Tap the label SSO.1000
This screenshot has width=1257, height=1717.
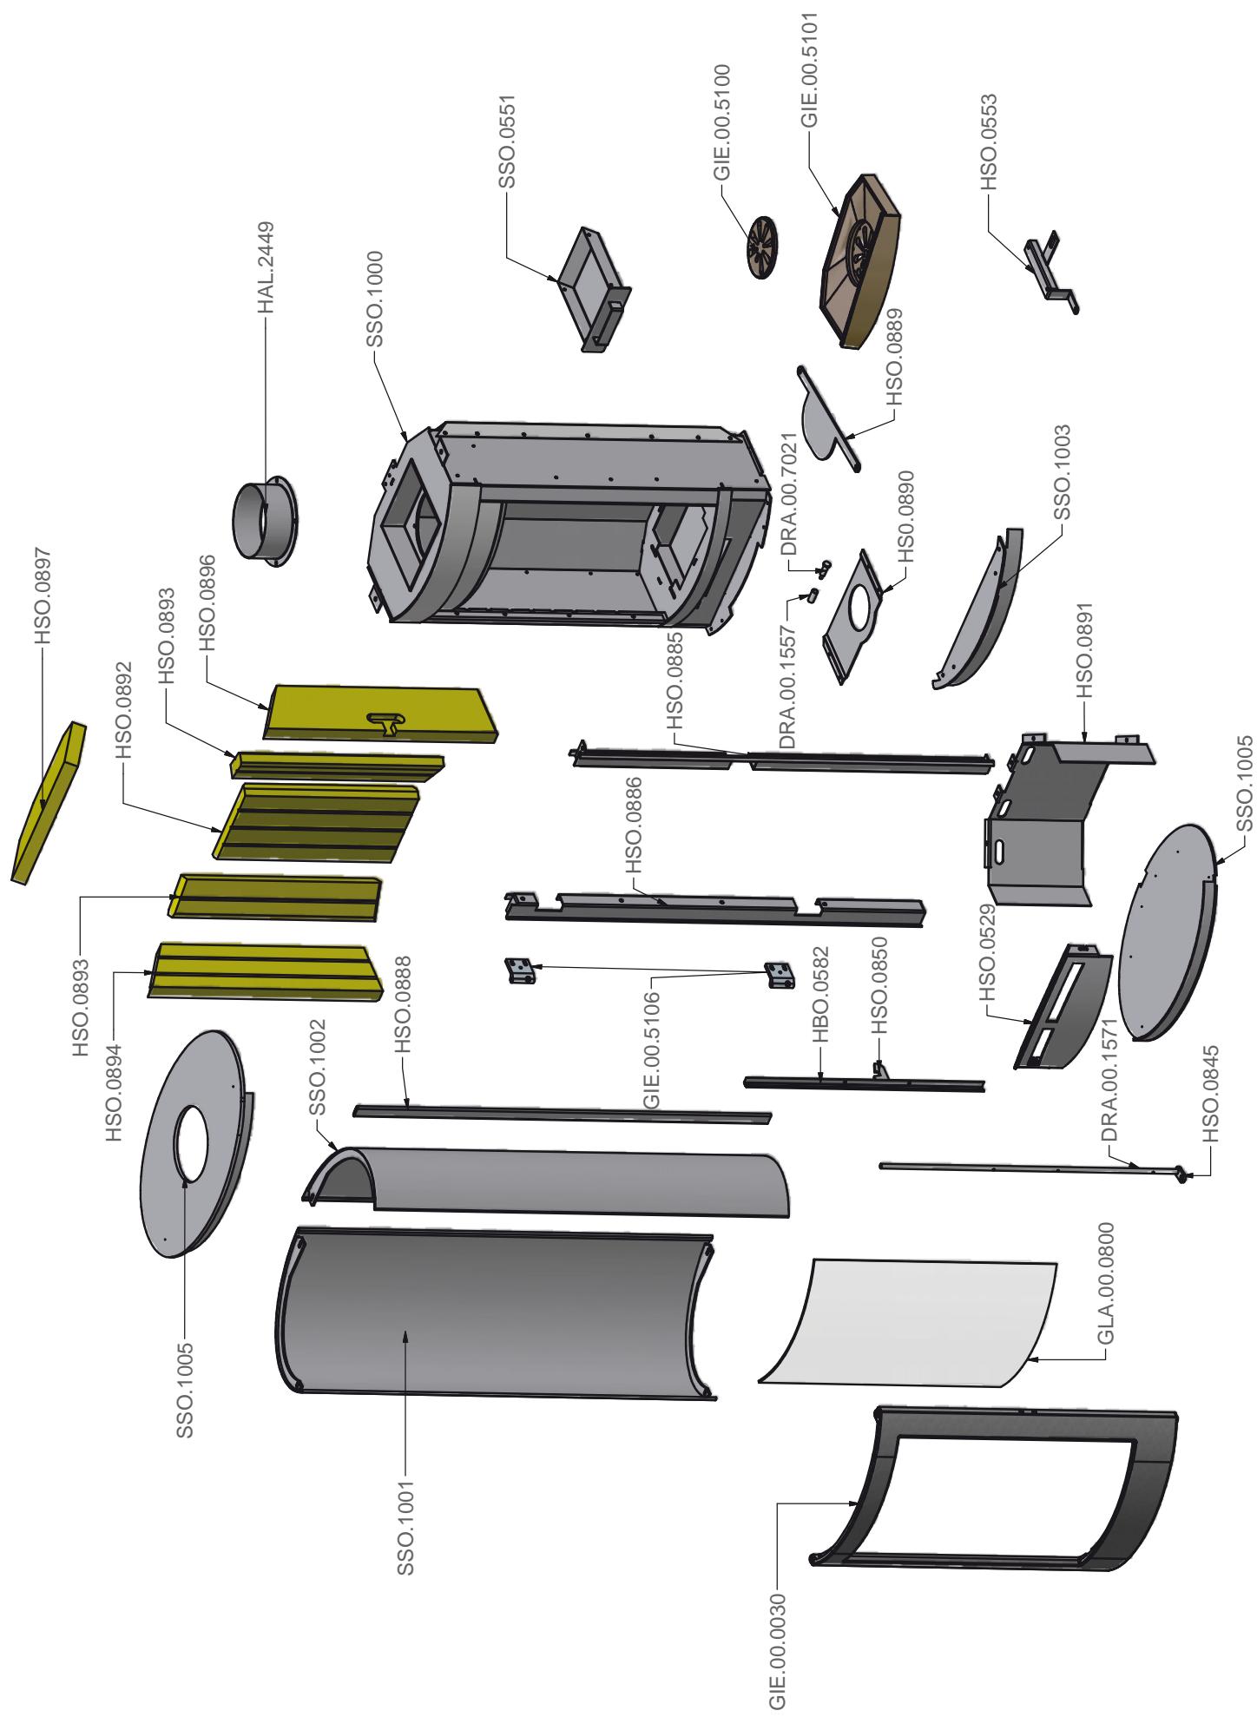click(376, 299)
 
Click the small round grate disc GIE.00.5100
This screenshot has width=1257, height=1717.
click(762, 247)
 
